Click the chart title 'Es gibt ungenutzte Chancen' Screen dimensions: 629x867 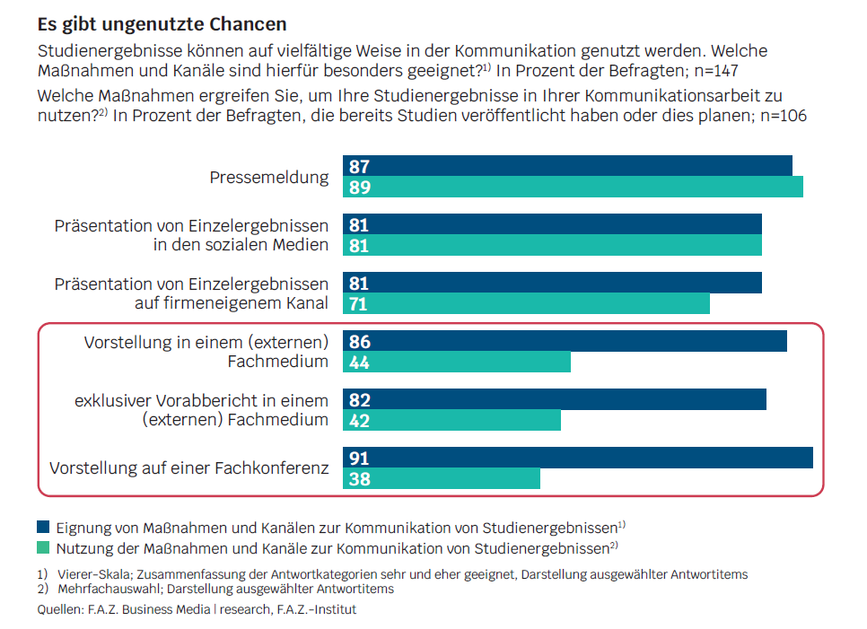(162, 21)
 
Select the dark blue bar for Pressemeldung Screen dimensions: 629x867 (567, 166)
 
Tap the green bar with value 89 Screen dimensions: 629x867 (573, 187)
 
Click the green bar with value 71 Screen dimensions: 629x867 (526, 303)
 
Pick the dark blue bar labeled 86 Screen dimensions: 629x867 (565, 341)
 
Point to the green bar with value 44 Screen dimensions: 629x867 (457, 362)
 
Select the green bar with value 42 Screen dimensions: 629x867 (451, 420)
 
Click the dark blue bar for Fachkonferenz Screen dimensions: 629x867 (578, 458)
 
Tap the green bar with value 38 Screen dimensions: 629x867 (442, 478)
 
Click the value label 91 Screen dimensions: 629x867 (359, 459)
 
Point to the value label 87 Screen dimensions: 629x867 (359, 167)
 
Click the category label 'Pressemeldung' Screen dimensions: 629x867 (269, 177)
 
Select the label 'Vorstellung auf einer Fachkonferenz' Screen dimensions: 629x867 (189, 468)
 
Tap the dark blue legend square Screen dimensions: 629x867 (43, 527)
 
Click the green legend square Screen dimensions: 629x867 (43, 546)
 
